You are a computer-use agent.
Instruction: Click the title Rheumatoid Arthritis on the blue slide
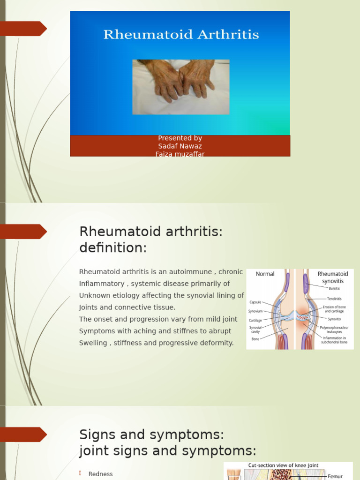[180, 35]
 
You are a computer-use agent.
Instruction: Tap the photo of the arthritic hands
[180, 87]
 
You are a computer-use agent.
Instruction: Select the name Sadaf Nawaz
[180, 146]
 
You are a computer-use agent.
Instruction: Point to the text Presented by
[180, 138]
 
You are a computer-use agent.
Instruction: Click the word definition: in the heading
[113, 248]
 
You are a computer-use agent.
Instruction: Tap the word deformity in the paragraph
[217, 343]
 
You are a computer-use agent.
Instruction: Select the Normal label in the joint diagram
[265, 274]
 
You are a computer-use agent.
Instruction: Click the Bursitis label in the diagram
[334, 288]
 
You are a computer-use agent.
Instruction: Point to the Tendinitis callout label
[334, 299]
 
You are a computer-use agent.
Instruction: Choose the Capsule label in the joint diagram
[255, 302]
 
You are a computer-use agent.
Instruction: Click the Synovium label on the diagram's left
[256, 311]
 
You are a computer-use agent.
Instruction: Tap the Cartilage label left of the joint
[255, 321]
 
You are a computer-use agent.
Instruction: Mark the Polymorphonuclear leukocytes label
[334, 330]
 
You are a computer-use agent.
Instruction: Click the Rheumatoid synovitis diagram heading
[333, 277]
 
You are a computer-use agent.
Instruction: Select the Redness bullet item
[101, 474]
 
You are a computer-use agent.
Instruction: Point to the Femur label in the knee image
[335, 476]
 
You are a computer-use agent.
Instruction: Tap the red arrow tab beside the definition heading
[23, 232]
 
